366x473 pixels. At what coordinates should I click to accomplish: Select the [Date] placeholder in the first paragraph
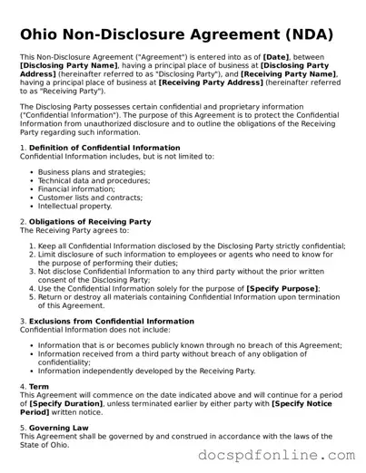(276, 57)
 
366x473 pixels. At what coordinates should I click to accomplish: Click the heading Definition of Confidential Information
(104, 148)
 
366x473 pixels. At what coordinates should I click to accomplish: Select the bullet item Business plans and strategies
(91, 171)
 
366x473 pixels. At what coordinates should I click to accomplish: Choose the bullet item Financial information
(76, 188)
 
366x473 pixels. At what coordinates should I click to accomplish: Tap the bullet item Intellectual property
(74, 206)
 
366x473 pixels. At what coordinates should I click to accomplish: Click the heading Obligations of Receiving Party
(90, 222)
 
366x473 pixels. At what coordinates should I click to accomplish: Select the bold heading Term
(39, 386)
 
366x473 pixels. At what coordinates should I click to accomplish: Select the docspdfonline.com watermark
(276, 455)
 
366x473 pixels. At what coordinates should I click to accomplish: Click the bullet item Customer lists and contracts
(90, 197)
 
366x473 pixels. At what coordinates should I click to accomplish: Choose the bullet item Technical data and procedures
(94, 180)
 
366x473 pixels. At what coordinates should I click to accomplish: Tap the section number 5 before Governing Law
(23, 428)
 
